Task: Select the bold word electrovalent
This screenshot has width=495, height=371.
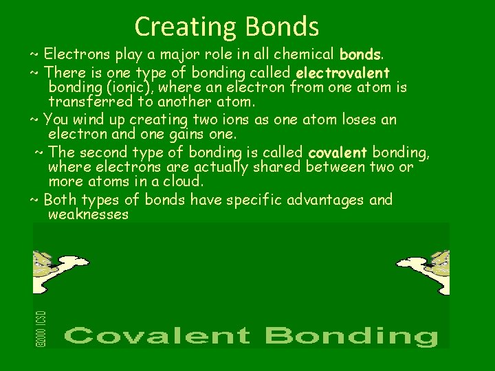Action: pyautogui.click(x=342, y=72)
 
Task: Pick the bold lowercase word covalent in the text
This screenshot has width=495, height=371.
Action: pyautogui.click(x=338, y=152)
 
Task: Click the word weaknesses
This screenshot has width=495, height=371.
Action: pyautogui.click(x=89, y=214)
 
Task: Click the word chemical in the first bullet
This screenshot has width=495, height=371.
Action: pyautogui.click(x=298, y=53)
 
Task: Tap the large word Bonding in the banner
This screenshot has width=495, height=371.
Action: pyautogui.click(x=351, y=336)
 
